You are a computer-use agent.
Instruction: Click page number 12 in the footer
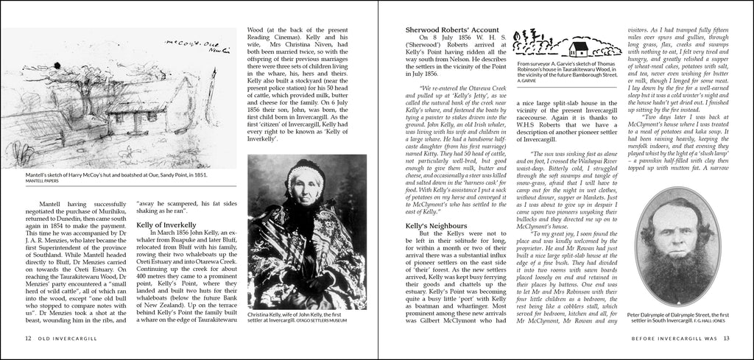(x=27, y=339)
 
